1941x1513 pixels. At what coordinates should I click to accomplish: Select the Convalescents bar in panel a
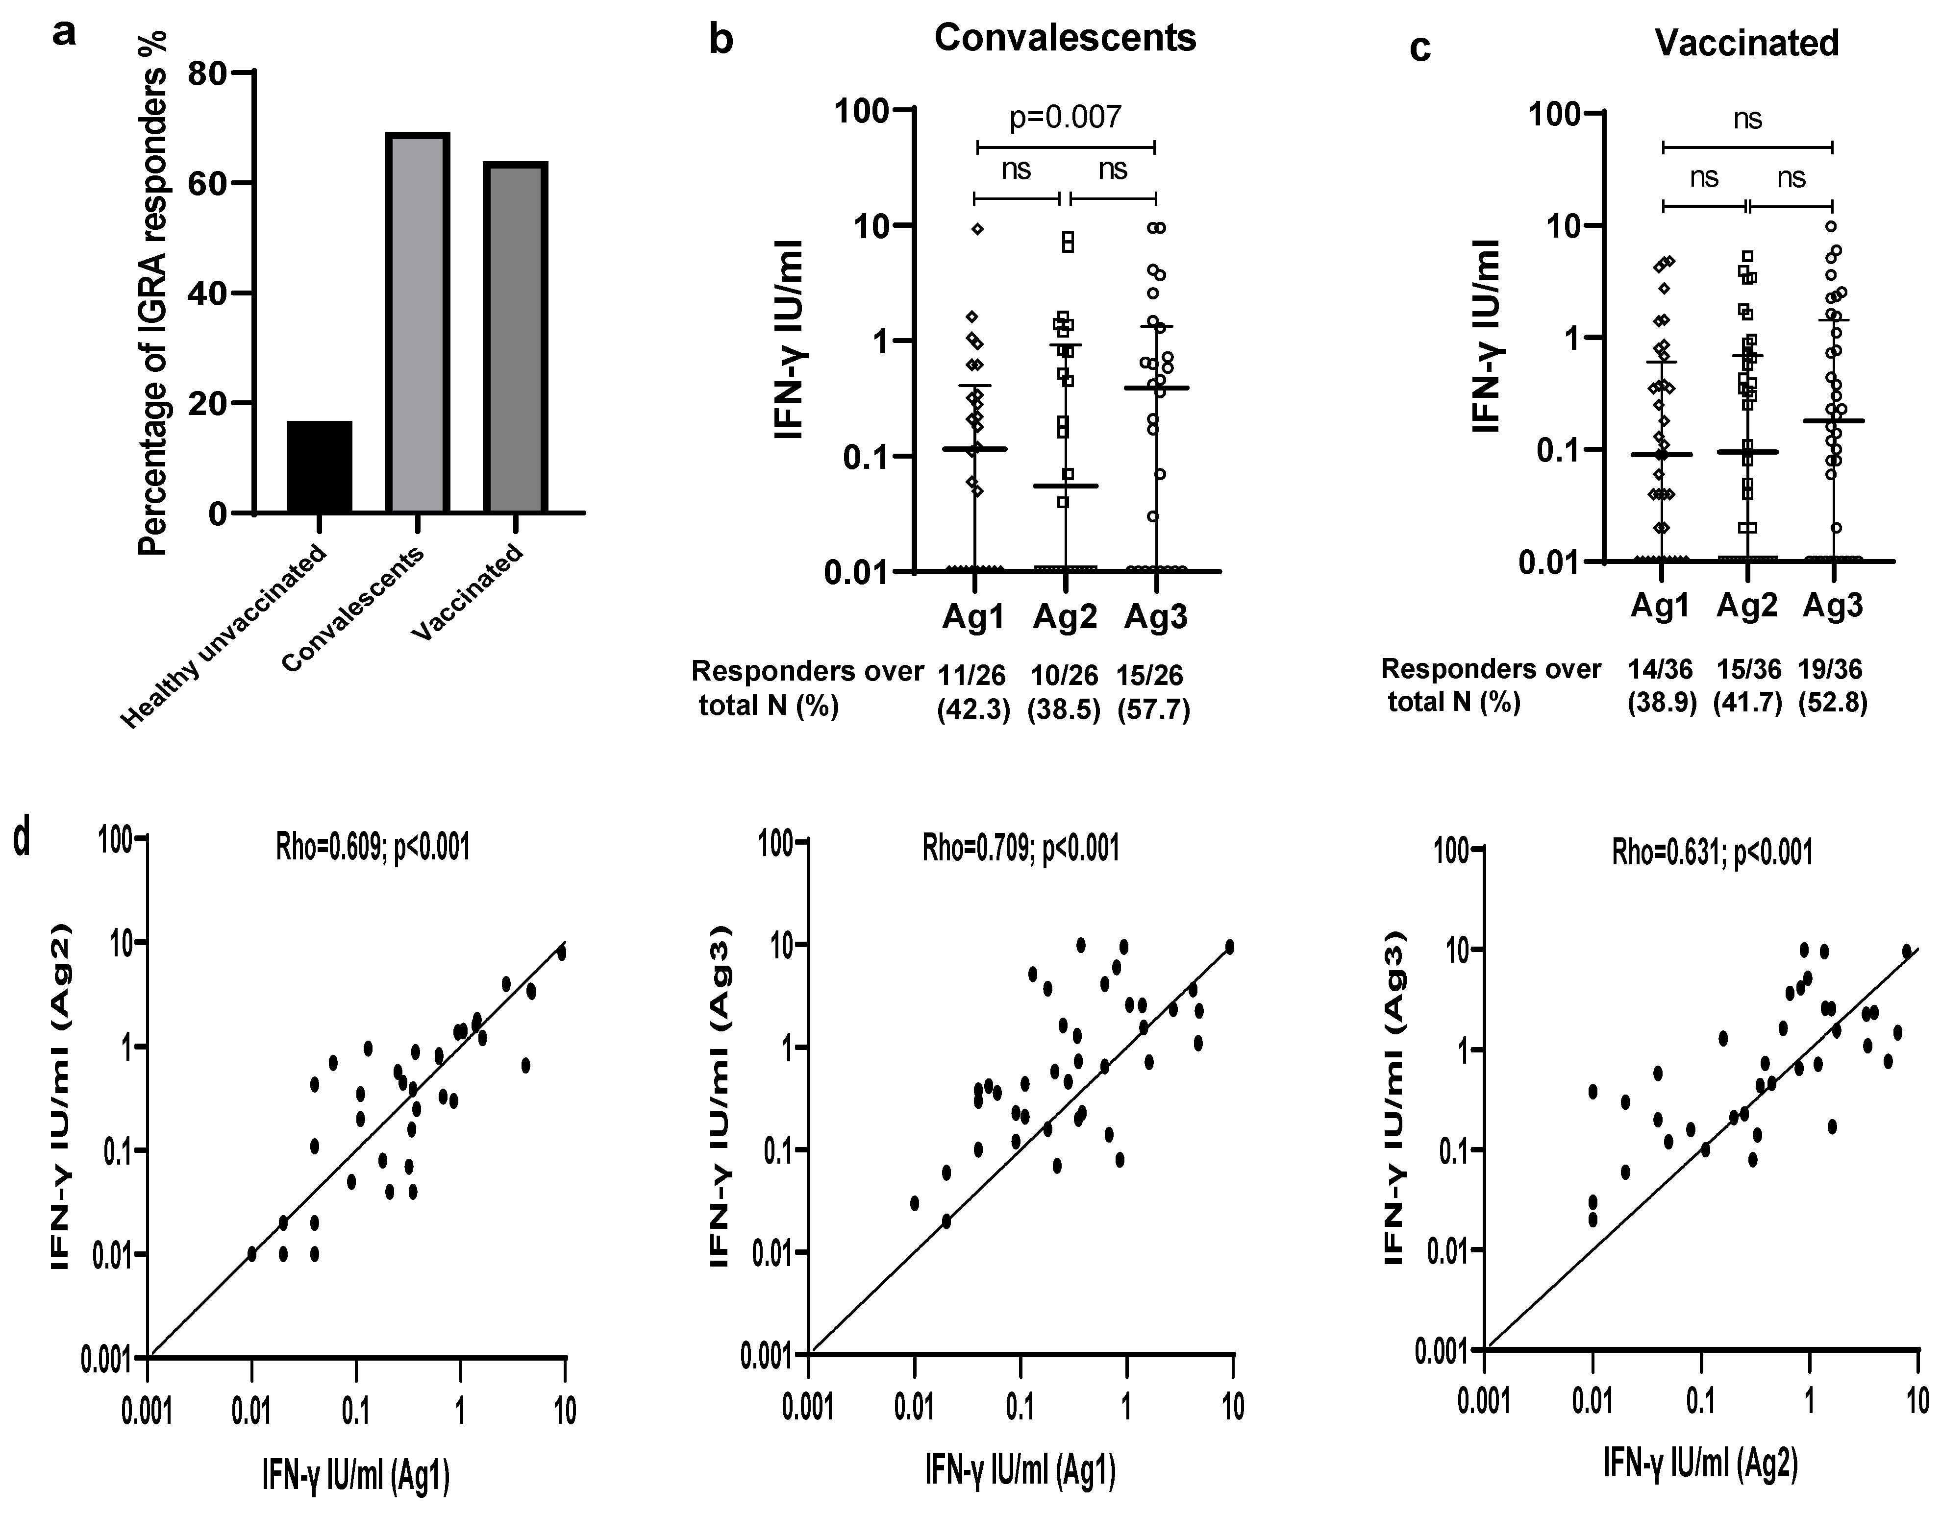(417, 324)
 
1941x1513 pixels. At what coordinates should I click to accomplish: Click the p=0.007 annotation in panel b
(1065, 117)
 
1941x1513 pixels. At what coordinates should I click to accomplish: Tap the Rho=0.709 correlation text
(1020, 849)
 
